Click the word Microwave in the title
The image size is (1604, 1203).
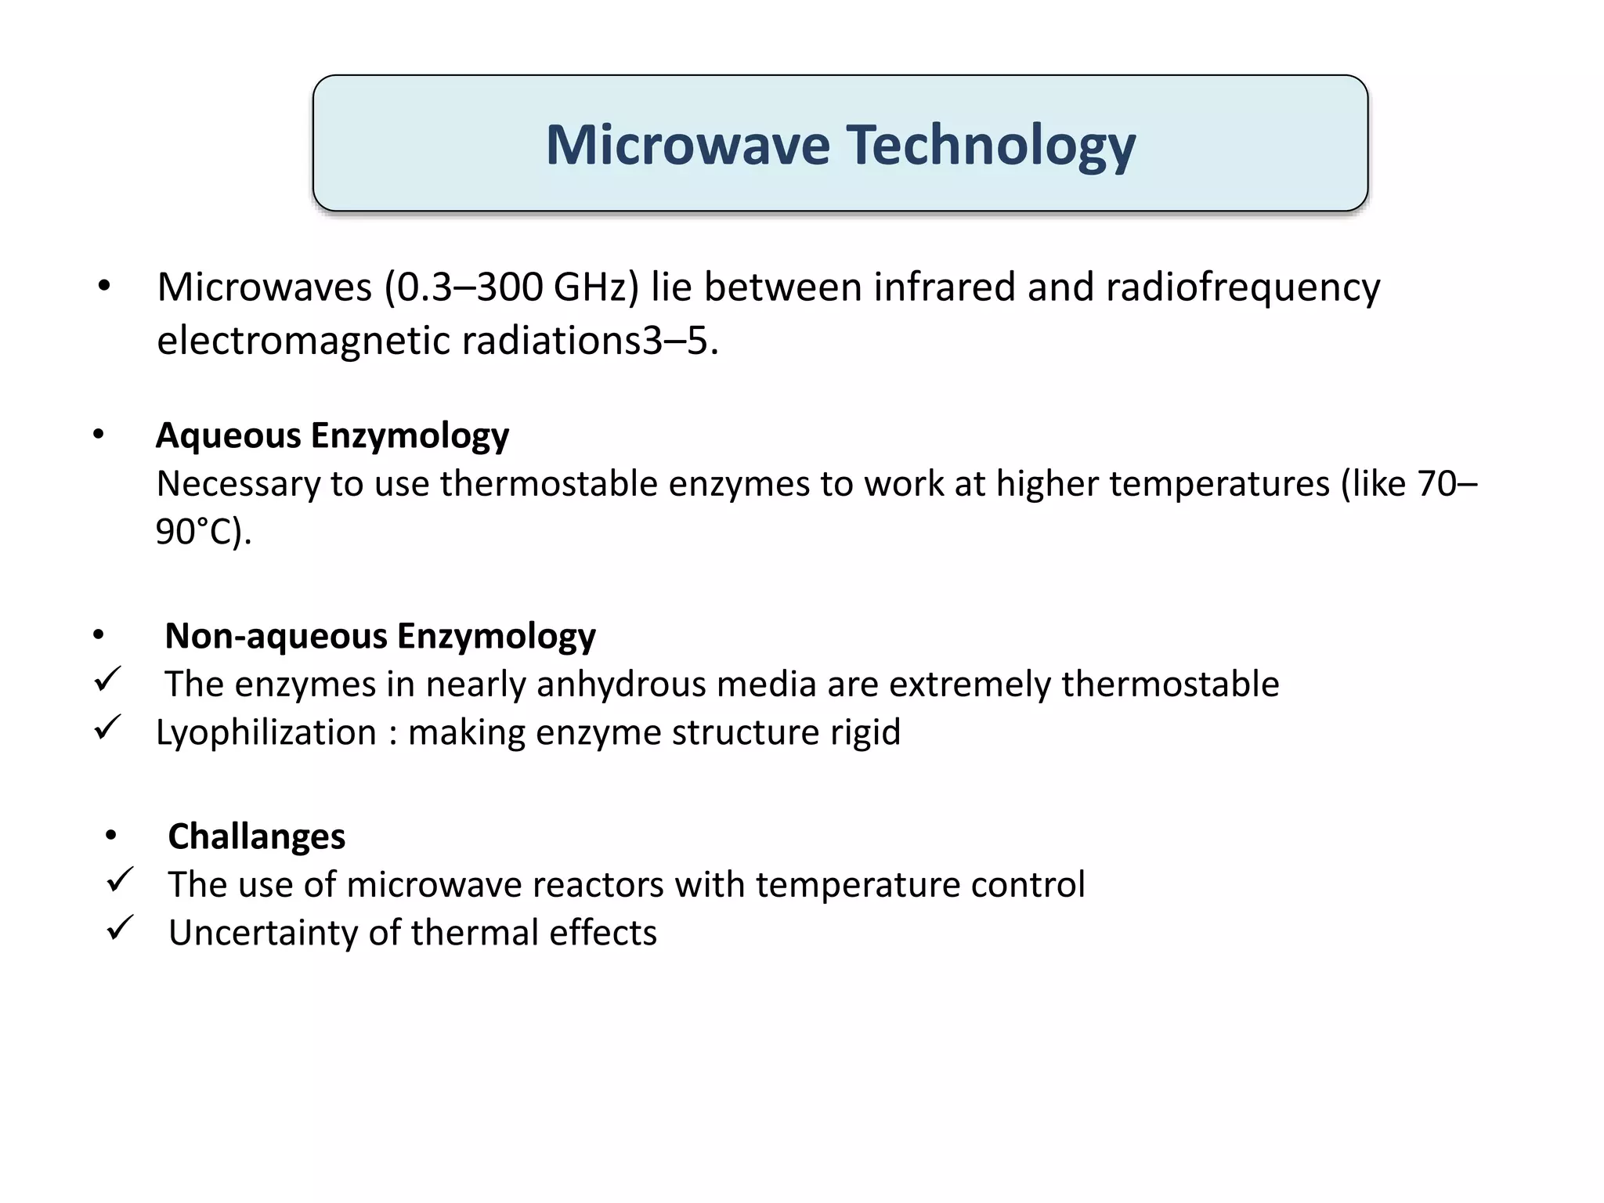click(x=687, y=145)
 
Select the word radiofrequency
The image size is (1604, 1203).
click(x=1243, y=287)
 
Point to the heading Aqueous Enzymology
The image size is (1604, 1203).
click(x=332, y=435)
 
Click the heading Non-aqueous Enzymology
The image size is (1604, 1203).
click(x=380, y=636)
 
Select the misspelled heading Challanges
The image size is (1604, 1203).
click(x=256, y=836)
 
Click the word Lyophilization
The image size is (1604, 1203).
click(x=266, y=733)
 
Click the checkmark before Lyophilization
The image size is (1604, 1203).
click(x=107, y=728)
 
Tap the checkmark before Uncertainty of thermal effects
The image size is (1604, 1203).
click(x=120, y=928)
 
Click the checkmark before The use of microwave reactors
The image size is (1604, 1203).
click(x=120, y=880)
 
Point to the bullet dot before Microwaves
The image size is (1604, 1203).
click(x=104, y=287)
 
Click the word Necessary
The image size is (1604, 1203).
click(x=237, y=484)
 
